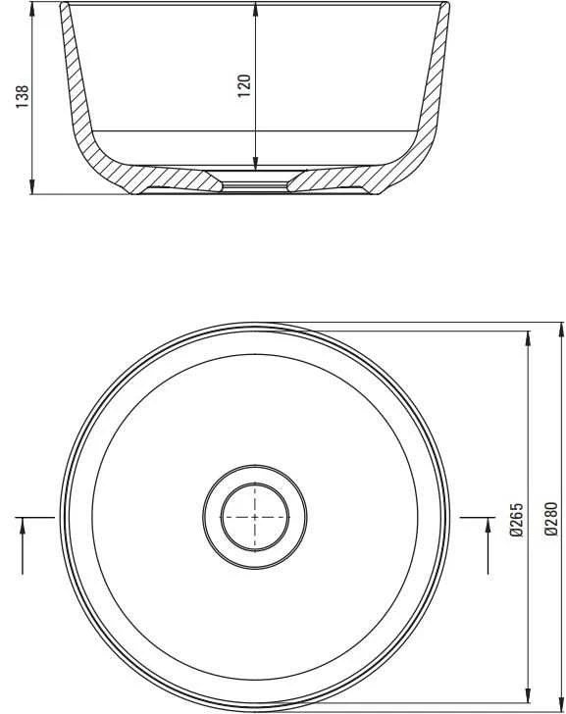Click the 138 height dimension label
pos(23,96)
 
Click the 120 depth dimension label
pos(244,85)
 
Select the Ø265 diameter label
pos(516,519)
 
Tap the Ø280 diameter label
pos(551,519)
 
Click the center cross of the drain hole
pos(254,517)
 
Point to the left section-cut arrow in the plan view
pos(22,546)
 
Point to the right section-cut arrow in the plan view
pos(488,546)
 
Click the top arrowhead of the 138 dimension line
pos(31,8)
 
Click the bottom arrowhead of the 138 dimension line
pos(31,186)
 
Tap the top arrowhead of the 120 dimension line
pos(255,9)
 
